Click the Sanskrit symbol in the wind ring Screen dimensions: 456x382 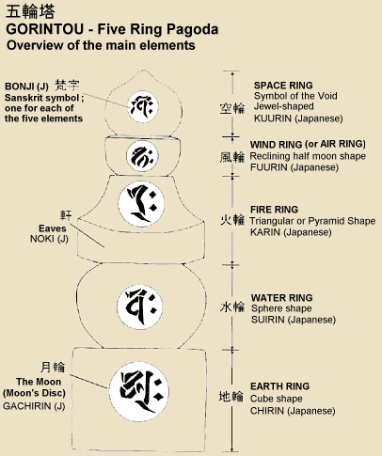pos(141,154)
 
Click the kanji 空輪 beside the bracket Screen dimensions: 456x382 pos(231,107)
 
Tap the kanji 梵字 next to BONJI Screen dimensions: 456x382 pos(68,83)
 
